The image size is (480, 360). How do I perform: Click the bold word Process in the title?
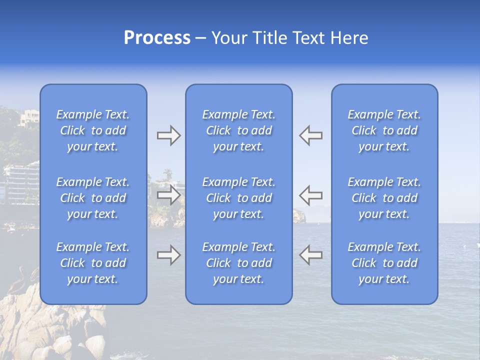[x=157, y=38]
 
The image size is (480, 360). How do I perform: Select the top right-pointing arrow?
[x=168, y=135]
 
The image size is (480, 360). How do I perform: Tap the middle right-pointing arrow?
[x=168, y=195]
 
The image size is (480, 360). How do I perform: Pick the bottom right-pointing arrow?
[x=168, y=255]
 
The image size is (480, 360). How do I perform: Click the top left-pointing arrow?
[x=310, y=135]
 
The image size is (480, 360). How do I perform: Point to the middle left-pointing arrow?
[x=310, y=195]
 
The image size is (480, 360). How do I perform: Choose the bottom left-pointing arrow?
[x=310, y=255]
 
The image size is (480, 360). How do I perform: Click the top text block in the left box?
[x=93, y=130]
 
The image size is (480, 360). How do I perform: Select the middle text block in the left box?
[x=93, y=198]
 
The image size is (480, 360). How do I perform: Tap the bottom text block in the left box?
[x=93, y=263]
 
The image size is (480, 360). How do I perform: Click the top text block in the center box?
[x=239, y=130]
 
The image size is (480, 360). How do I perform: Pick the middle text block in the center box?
[x=239, y=198]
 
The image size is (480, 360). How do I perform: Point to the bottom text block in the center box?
[x=239, y=263]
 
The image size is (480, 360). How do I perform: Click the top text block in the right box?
[x=384, y=130]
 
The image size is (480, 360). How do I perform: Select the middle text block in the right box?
[x=384, y=198]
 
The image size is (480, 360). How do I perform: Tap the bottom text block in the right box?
[x=384, y=263]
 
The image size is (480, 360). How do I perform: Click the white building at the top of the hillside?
[x=28, y=119]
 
